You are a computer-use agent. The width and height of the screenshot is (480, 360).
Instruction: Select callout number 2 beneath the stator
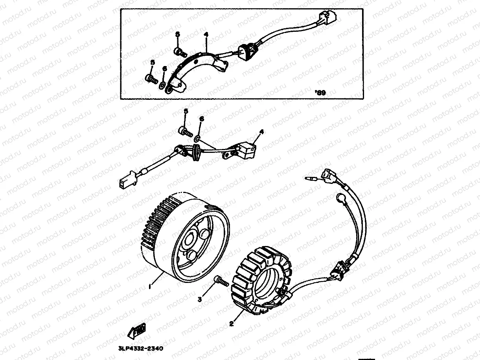pyautogui.click(x=232, y=324)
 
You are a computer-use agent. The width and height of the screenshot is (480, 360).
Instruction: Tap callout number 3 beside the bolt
pyautogui.click(x=200, y=300)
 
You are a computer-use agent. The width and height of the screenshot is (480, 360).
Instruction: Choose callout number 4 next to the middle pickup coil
pyautogui.click(x=260, y=132)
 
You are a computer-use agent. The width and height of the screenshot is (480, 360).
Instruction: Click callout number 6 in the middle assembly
pyautogui.click(x=202, y=118)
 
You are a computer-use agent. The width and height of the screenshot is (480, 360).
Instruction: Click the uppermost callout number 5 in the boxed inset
pyautogui.click(x=177, y=35)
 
